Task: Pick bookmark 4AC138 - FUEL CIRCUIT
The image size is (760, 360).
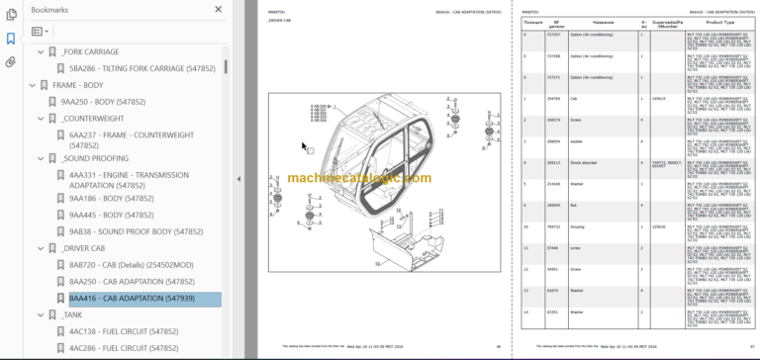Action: (x=123, y=331)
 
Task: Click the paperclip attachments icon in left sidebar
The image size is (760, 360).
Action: (x=11, y=61)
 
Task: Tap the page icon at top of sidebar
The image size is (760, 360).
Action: (x=11, y=13)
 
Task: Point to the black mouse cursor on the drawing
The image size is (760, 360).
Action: (x=305, y=147)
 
